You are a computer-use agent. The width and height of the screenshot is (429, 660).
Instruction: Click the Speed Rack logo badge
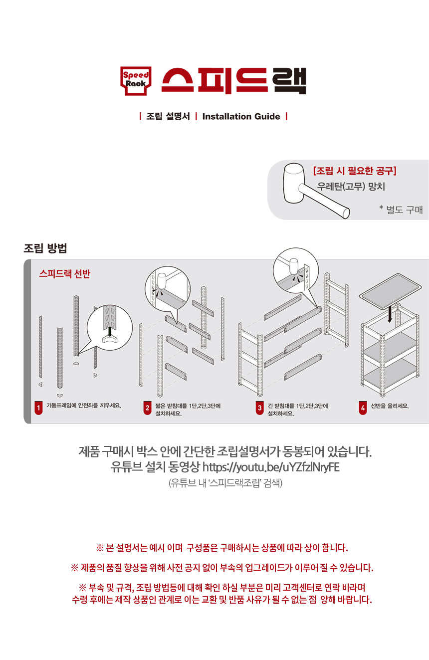pos(136,81)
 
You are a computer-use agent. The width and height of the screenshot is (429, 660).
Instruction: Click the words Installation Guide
pos(241,116)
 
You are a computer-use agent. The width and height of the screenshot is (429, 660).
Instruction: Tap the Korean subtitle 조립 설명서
pos(168,116)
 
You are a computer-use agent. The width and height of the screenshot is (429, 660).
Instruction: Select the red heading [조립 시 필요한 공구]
pos(355,171)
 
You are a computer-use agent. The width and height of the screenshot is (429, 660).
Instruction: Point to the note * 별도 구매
pos(401,210)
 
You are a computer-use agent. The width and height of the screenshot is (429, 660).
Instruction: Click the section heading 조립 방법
pos(45,248)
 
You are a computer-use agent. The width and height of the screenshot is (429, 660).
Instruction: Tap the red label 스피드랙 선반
pos(64,274)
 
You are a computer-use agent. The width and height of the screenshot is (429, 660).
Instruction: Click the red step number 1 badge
pos(38,408)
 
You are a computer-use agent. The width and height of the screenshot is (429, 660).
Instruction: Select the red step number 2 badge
pos(147,408)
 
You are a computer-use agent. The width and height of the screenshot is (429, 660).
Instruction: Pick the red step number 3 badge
pos(259,408)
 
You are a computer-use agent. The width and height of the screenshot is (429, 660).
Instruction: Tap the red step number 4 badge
pos(363,408)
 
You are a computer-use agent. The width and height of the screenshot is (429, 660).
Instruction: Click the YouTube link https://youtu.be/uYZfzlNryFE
pos(271,467)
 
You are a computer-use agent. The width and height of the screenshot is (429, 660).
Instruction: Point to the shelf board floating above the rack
pos(390,291)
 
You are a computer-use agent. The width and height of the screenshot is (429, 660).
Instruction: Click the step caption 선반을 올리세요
pos(390,406)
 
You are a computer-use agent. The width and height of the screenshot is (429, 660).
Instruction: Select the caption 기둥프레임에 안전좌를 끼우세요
pos(84,406)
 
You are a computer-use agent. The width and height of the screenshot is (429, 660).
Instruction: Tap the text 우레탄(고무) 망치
pos(351,186)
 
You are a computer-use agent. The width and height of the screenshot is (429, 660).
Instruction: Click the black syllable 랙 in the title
pos(289,81)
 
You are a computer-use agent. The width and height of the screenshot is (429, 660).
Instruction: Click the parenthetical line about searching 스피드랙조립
pos(225,483)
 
